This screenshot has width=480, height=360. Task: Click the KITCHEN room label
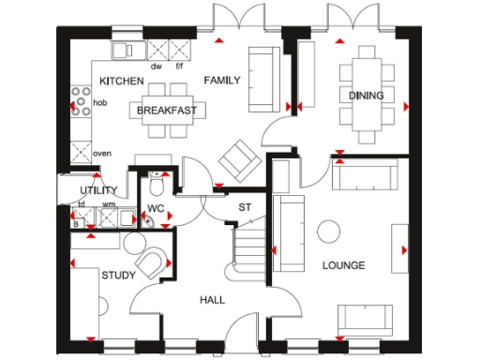pyautogui.click(x=121, y=81)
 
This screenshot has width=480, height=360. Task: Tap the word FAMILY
pyautogui.click(x=222, y=81)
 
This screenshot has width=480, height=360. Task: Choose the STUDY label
pyautogui.click(x=118, y=276)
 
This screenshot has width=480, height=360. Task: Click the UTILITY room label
pyautogui.click(x=98, y=190)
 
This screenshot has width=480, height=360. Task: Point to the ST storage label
pyautogui.click(x=246, y=206)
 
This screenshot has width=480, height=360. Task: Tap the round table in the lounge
pyautogui.click(x=328, y=231)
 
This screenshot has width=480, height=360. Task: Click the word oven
pyautogui.click(x=102, y=153)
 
